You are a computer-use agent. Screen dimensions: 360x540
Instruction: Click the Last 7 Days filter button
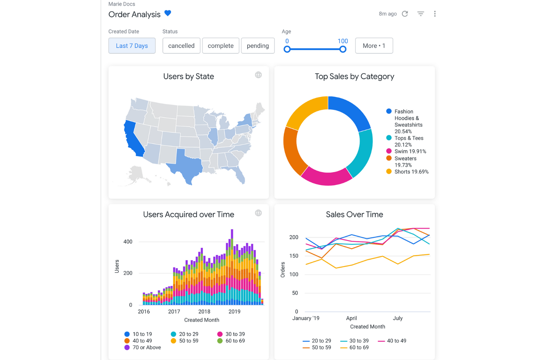click(132, 46)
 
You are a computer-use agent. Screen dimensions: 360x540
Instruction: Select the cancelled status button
click(181, 46)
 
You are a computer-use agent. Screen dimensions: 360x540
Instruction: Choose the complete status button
click(221, 46)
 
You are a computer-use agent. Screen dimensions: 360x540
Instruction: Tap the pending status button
click(258, 46)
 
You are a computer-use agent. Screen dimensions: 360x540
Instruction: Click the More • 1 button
click(374, 46)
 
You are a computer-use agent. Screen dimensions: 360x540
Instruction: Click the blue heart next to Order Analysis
click(168, 13)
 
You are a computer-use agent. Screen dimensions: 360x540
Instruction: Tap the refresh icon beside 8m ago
click(405, 14)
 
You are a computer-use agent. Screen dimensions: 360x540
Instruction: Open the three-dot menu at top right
click(435, 14)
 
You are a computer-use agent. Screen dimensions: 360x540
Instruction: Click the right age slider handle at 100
click(343, 49)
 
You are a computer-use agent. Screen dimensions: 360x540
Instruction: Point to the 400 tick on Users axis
click(128, 241)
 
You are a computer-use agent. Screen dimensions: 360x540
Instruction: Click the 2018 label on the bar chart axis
click(204, 311)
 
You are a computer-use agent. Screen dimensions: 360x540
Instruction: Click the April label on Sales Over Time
click(351, 318)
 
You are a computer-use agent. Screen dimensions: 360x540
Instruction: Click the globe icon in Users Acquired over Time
click(258, 213)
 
